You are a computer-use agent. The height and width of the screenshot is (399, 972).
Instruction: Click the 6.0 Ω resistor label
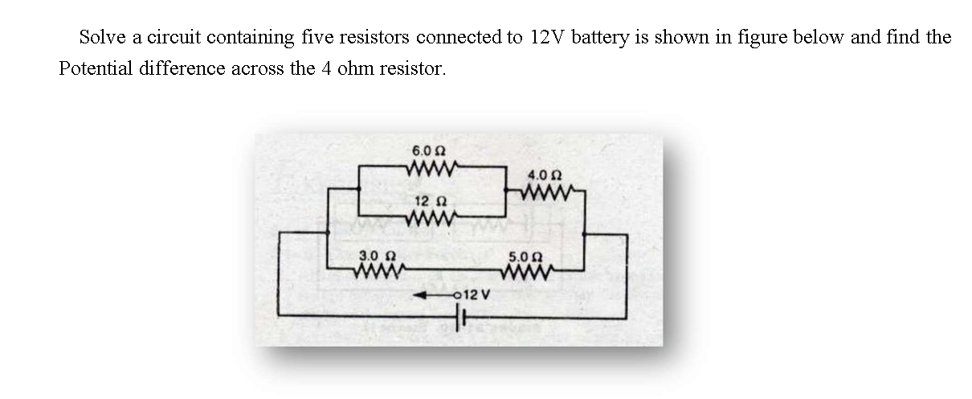(429, 151)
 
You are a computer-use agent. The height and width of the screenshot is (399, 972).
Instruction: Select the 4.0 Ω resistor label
(545, 175)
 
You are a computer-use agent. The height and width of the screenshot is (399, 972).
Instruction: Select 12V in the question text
(549, 37)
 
